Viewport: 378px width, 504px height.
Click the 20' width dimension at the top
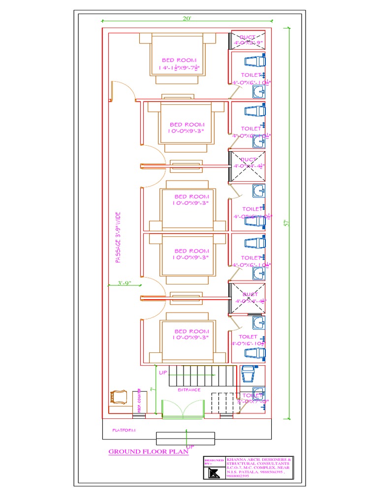coord(187,18)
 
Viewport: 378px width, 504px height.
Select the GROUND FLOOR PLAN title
coord(141,451)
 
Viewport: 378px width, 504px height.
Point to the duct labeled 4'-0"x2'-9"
coord(248,40)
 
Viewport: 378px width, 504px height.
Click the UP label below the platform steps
coord(190,446)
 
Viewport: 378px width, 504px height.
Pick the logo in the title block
coord(213,473)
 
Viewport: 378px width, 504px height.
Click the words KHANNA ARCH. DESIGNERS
coord(258,459)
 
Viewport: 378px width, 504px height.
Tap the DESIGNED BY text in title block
coord(211,462)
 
